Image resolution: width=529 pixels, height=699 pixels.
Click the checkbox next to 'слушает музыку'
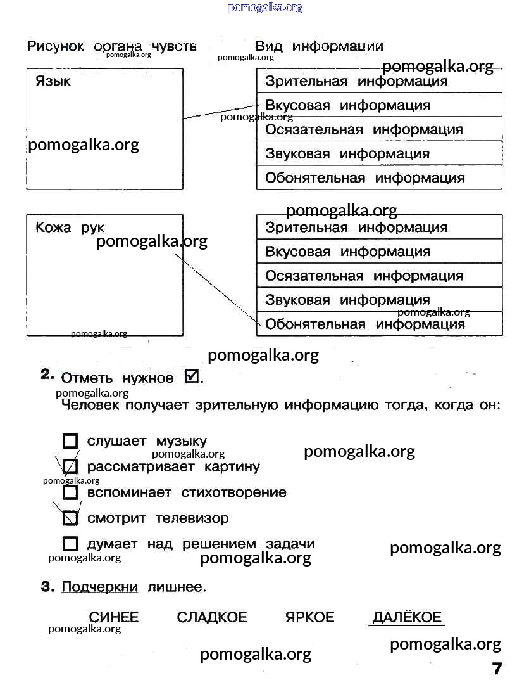pyautogui.click(x=71, y=441)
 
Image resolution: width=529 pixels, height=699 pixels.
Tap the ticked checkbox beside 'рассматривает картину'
pyautogui.click(x=71, y=467)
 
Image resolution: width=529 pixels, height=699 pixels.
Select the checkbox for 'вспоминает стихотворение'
pyautogui.click(x=71, y=492)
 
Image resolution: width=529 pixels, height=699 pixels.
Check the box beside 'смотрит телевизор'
pyautogui.click(x=71, y=518)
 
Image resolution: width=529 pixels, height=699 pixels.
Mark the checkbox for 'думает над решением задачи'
pyautogui.click(x=71, y=544)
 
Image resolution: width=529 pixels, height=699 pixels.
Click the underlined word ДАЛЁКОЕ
pyautogui.click(x=406, y=617)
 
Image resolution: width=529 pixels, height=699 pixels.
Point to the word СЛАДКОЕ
pyautogui.click(x=212, y=617)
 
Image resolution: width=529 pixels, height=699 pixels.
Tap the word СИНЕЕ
pyautogui.click(x=114, y=617)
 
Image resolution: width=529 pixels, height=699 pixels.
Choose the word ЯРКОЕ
pyautogui.click(x=309, y=617)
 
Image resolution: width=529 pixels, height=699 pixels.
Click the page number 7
pyautogui.click(x=497, y=669)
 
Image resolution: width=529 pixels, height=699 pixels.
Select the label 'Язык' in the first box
pyautogui.click(x=53, y=81)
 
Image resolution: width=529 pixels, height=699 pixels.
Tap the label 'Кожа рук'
pyautogui.click(x=70, y=228)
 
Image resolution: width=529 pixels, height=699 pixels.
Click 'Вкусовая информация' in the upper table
pyautogui.click(x=347, y=105)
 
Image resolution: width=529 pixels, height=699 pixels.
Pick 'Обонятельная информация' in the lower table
pyautogui.click(x=365, y=324)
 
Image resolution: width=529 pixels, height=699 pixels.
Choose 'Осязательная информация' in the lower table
pyautogui.click(x=364, y=276)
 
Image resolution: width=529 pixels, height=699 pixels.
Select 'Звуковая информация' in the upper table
pyautogui.click(x=347, y=153)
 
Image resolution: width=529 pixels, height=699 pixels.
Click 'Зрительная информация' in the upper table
pyautogui.click(x=356, y=81)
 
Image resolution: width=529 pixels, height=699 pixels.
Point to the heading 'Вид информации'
pyautogui.click(x=319, y=46)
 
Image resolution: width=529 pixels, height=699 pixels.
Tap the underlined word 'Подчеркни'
pyautogui.click(x=99, y=587)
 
